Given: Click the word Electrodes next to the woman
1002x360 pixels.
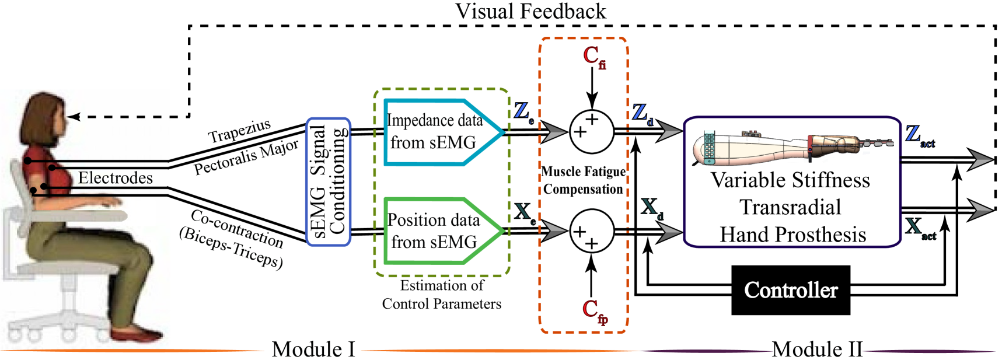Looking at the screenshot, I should tap(116, 178).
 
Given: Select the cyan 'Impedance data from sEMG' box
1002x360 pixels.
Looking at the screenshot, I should tap(438, 132).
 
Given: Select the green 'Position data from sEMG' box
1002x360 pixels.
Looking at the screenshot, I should tap(438, 231).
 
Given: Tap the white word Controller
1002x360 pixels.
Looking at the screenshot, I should tap(791, 290).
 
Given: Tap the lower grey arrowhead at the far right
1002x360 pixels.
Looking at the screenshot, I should tap(980, 210).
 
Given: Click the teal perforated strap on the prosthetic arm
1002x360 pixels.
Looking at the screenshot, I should tap(709, 148).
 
